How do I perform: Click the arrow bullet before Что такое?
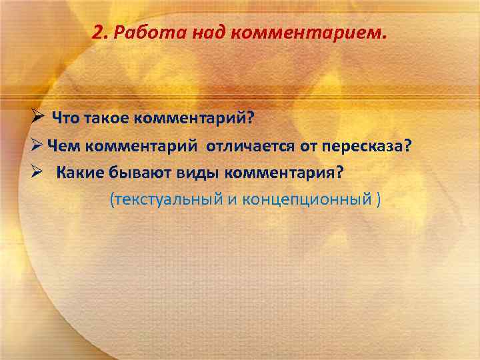point(39,118)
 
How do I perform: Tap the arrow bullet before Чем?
point(39,146)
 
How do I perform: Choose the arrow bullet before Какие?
point(39,173)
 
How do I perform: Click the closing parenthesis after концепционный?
point(377,199)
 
